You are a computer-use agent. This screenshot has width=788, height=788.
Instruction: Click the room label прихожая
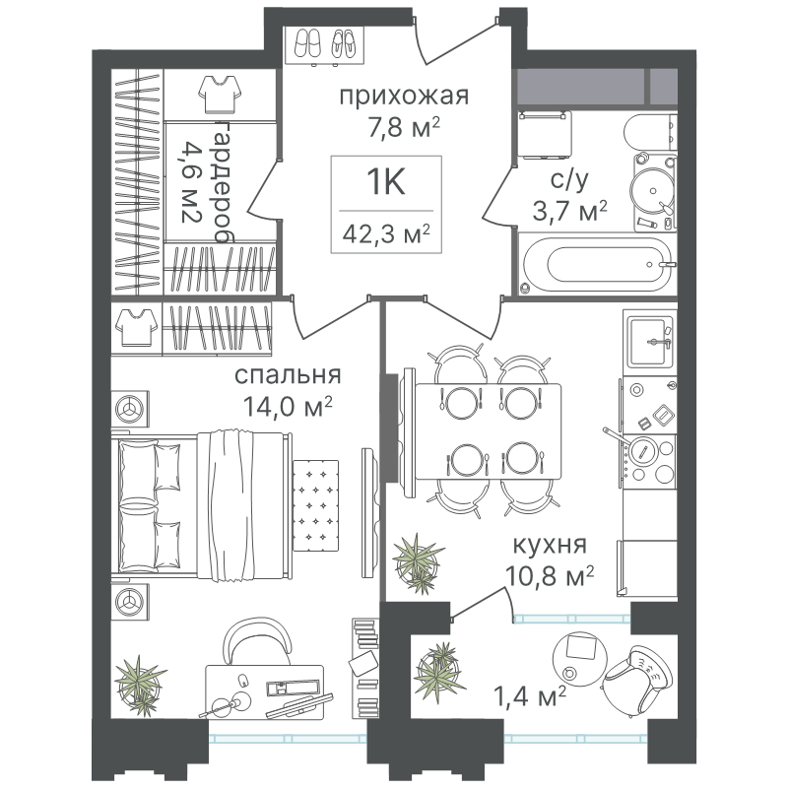pos(404,96)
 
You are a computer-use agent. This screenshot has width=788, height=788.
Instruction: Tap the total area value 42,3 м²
pos(386,233)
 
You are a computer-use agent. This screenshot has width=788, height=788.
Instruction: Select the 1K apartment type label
pos(386,181)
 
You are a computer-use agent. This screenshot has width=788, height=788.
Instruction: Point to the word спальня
pos(288,375)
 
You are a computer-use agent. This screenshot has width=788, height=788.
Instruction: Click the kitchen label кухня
pos(550,545)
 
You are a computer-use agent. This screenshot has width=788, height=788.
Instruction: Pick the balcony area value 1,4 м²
pos(531,696)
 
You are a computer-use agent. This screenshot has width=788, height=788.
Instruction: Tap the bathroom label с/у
pos(569,180)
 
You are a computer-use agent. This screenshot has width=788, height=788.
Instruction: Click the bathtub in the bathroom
pos(597,264)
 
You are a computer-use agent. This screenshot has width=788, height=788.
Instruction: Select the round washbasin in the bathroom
pos(652,191)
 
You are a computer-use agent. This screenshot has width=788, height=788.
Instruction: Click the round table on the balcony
pos(579,658)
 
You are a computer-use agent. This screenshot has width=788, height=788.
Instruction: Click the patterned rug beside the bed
pos(315,505)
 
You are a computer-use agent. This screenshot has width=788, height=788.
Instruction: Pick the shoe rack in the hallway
pos(324,45)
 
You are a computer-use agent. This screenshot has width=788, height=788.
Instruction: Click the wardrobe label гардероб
pos(221,182)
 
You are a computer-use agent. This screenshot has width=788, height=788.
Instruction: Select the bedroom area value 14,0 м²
pos(288,406)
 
